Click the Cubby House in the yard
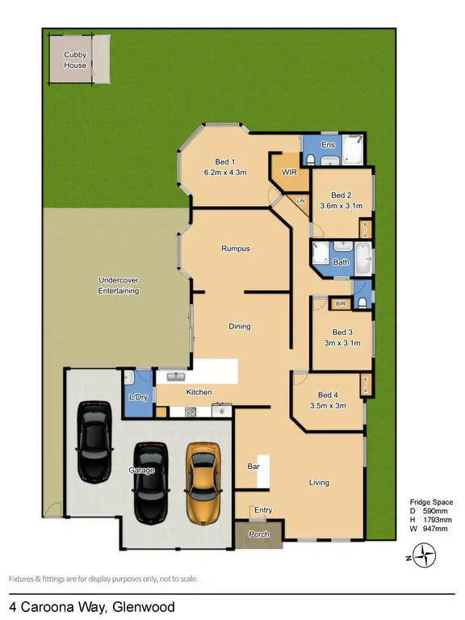pos(75,60)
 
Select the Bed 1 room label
pos(224,161)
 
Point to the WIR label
pos(290,173)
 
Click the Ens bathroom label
pos(328,145)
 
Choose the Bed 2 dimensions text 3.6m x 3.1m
pos(341,206)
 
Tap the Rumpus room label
pos(236,249)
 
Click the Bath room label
pos(341,262)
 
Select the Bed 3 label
pos(343,333)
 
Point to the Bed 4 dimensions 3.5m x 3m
pos(328,405)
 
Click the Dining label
pos(240,326)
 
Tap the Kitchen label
pos(199,392)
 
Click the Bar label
pos(253,467)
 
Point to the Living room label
pos(319,483)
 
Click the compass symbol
pos(424,555)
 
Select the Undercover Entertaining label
pos(119,285)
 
